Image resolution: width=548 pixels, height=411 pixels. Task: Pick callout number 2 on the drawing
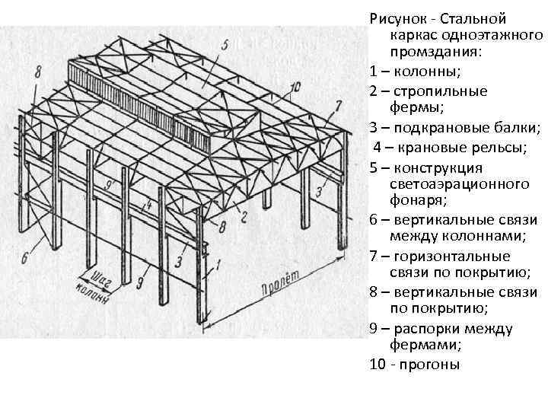pyautogui.click(x=244, y=218)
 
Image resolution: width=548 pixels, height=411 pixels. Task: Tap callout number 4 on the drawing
pyautogui.click(x=149, y=205)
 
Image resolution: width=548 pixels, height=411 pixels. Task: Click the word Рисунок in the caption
pyautogui.click(x=396, y=18)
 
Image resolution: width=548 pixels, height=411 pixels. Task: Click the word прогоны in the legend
pyautogui.click(x=432, y=364)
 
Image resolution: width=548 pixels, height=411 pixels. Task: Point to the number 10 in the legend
pyautogui.click(x=376, y=364)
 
